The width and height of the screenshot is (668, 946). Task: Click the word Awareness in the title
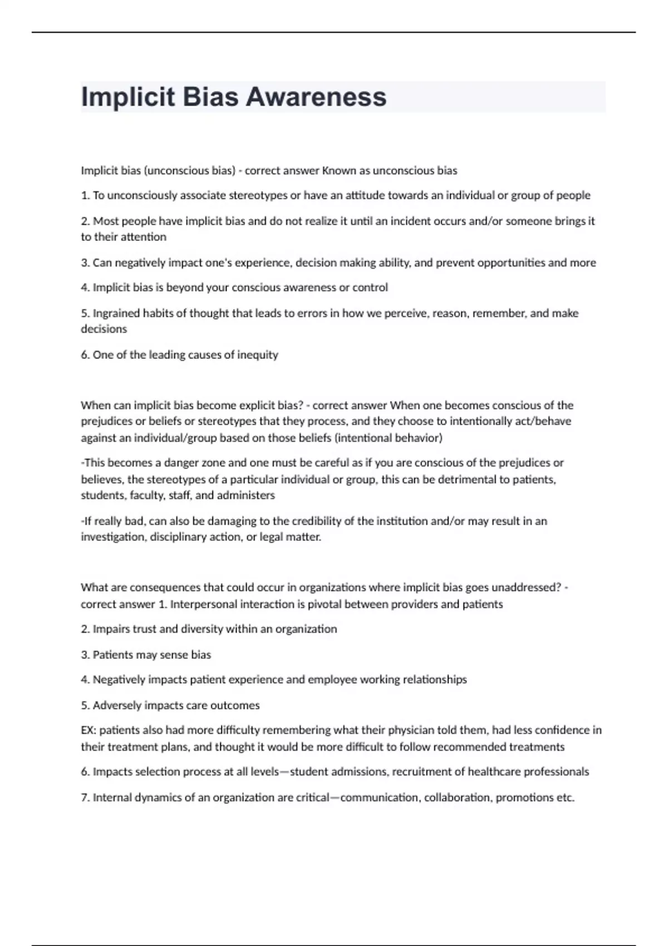pos(316,97)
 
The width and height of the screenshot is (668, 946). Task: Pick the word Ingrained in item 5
pos(116,313)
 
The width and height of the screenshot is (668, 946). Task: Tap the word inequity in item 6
pos(257,355)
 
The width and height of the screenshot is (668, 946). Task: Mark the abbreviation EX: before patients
pos(89,730)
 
